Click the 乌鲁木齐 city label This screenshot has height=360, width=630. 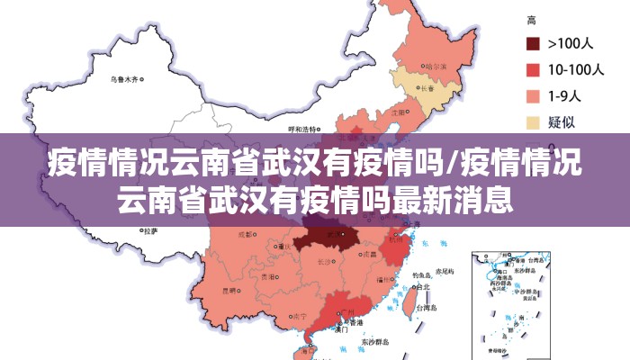[x=124, y=79]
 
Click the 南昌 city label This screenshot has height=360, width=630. [x=366, y=255]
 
